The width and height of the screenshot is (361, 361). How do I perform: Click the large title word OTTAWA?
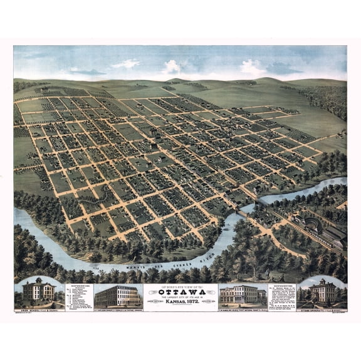tap(180, 291)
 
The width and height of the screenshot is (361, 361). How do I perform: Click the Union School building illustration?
tap(38, 292)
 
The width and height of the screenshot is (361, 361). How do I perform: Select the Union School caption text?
tap(38, 307)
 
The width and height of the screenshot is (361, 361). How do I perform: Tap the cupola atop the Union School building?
tap(38, 280)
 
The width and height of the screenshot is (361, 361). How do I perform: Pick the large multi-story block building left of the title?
tap(117, 295)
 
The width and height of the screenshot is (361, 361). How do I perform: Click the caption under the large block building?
tap(117, 307)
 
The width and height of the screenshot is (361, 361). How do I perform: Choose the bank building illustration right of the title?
tap(238, 294)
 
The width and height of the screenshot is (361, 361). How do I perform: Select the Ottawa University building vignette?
tap(322, 293)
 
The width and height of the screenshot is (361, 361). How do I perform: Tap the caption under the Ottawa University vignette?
tap(322, 307)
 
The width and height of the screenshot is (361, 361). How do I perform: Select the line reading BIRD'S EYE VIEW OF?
tap(180, 286)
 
